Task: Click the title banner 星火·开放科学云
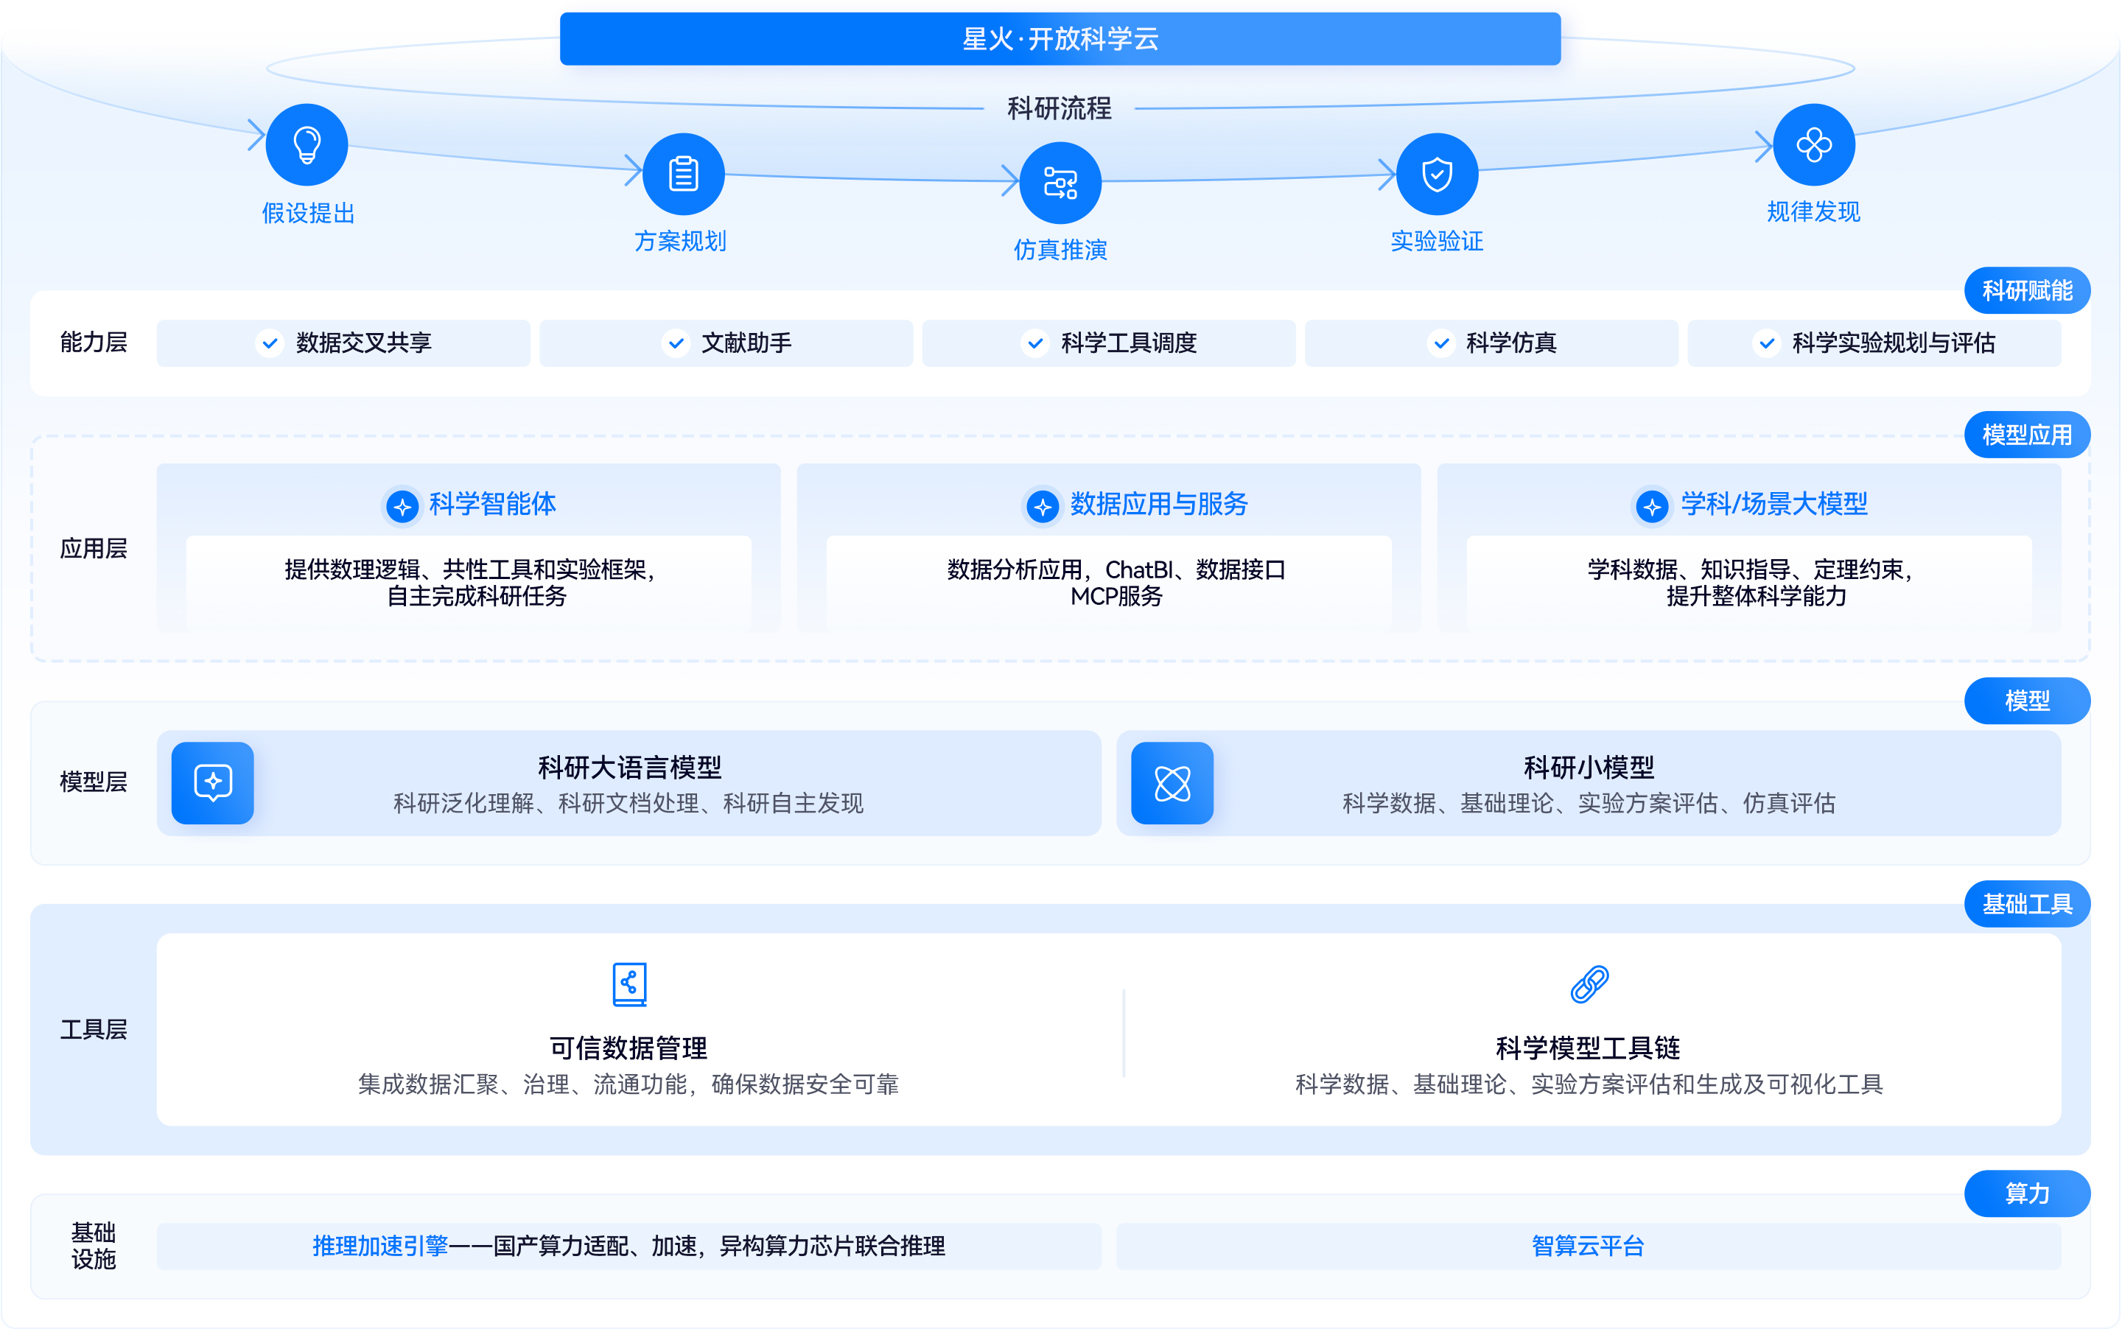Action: [x=1060, y=38]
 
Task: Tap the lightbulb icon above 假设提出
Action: [x=307, y=145]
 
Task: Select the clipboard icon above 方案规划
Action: [x=683, y=174]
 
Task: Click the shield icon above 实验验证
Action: [x=1436, y=174]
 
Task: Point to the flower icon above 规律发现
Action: [x=1813, y=145]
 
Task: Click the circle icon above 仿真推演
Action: [x=1060, y=183]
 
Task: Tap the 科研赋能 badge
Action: [x=2026, y=290]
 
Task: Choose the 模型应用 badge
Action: [x=2026, y=434]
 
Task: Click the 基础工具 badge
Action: [x=2026, y=904]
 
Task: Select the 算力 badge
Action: [x=2026, y=1193]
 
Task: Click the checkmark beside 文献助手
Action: [x=675, y=343]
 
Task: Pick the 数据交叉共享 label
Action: [x=363, y=343]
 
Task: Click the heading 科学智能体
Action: [x=492, y=505]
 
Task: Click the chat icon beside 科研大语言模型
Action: [x=213, y=782]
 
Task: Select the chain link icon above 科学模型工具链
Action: [x=1589, y=983]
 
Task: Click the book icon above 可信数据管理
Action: [x=629, y=983]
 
